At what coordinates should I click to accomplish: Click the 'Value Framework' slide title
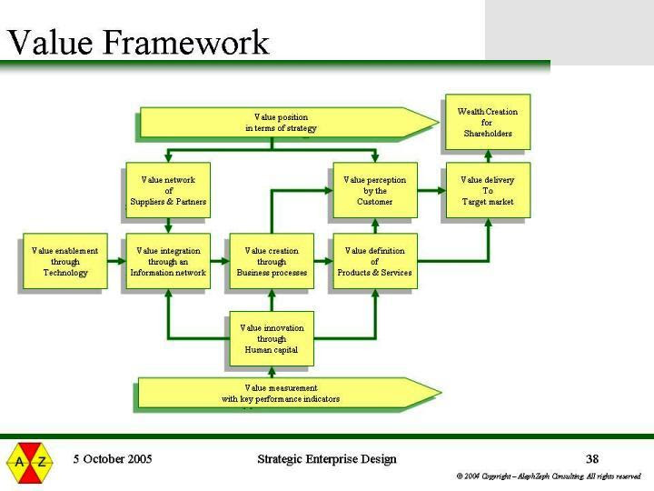138,42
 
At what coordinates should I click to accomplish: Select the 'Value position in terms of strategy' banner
281,123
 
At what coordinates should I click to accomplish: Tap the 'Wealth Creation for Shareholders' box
487,123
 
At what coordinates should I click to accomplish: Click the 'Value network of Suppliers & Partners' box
168,191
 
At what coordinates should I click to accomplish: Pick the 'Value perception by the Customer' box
374,191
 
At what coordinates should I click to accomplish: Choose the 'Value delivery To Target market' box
487,191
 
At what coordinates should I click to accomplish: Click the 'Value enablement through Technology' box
64,262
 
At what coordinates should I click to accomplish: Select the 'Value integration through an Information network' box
168,262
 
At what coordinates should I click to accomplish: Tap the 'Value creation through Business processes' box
272,262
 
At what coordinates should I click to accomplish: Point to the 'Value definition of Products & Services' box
374,262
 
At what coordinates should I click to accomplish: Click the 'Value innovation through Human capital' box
272,338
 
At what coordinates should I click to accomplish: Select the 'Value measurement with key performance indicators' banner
281,394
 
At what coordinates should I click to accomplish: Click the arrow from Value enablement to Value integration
114,262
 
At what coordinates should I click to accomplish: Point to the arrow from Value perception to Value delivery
431,191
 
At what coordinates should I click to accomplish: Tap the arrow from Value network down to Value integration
168,225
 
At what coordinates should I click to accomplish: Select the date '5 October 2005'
113,459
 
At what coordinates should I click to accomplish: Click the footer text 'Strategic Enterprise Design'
327,459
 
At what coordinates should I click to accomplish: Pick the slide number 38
591,459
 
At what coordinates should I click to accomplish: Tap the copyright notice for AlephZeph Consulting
549,476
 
